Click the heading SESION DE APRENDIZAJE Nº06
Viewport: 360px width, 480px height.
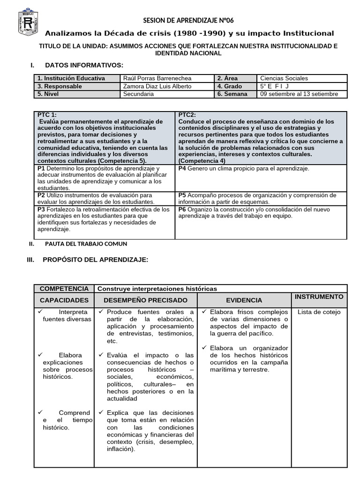point(188,21)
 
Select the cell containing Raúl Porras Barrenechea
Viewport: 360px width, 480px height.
point(157,78)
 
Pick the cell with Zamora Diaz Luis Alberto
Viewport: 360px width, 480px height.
point(157,86)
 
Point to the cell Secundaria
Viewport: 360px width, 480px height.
point(138,94)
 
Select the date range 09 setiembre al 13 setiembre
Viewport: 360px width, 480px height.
point(299,94)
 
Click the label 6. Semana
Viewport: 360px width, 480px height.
point(232,94)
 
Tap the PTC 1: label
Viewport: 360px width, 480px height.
point(47,115)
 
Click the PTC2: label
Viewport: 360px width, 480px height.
point(187,115)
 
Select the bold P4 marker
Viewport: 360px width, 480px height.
point(182,168)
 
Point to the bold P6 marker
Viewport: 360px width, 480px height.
point(182,210)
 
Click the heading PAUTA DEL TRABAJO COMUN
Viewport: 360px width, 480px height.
point(86,244)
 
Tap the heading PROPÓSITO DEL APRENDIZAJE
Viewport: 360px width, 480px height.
point(95,259)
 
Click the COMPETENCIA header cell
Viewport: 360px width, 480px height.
point(64,289)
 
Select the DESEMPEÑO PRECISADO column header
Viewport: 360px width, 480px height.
point(145,300)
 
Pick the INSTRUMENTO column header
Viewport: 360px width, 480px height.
point(319,297)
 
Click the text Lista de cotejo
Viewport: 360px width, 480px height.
point(319,312)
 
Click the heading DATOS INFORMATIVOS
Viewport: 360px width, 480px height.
point(84,65)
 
